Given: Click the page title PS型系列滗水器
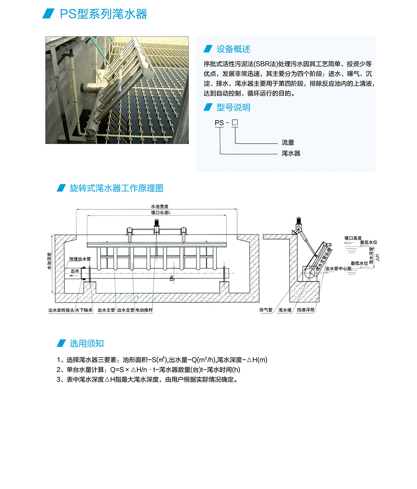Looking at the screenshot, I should click(103, 14).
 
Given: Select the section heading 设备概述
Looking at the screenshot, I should click(233, 49).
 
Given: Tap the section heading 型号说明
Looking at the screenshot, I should click(233, 108).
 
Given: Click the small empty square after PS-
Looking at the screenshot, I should click(235, 123).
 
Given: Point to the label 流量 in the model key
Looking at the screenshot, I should click(288, 143).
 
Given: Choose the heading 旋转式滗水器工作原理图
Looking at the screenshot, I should click(116, 188).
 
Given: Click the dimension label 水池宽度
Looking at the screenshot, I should click(160, 206).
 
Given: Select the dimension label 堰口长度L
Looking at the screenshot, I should click(160, 213).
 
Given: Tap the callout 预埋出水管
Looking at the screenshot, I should click(80, 259).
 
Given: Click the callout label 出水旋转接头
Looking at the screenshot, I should click(61, 310).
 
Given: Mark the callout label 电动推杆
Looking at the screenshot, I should click(144, 310).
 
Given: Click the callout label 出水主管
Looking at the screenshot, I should click(106, 310).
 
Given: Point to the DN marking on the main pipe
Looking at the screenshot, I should click(171, 278).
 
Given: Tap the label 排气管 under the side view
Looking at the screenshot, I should click(266, 310).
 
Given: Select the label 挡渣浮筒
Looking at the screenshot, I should click(305, 310).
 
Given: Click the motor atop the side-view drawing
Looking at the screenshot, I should click(299, 221).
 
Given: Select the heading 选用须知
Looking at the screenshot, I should click(86, 344).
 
